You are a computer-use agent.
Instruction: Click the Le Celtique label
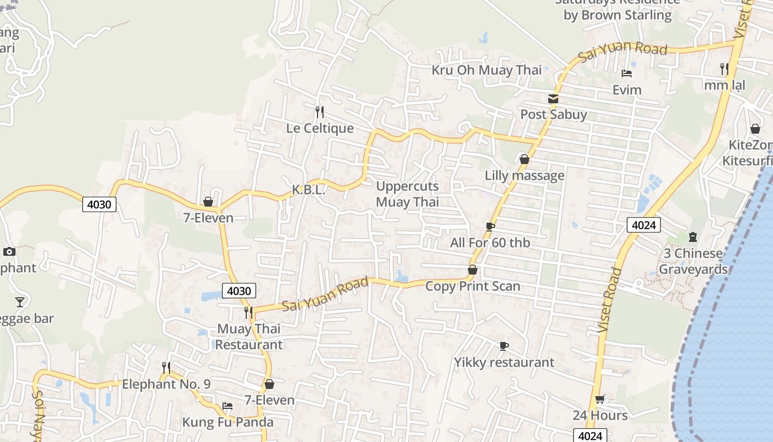pyautogui.click(x=320, y=128)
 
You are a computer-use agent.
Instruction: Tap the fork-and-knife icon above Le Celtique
pyautogui.click(x=320, y=112)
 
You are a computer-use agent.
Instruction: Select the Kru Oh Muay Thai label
pyautogui.click(x=486, y=70)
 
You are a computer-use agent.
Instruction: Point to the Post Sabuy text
pyautogui.click(x=554, y=115)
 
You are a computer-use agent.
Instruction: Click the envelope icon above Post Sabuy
pyautogui.click(x=553, y=99)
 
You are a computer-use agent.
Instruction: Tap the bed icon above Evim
pyautogui.click(x=627, y=73)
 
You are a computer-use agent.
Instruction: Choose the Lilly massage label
pyautogui.click(x=525, y=176)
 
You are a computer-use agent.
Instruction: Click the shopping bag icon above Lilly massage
pyautogui.click(x=525, y=160)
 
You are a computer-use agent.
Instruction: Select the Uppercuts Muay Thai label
pyautogui.click(x=407, y=194)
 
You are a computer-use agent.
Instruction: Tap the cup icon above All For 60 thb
pyautogui.click(x=490, y=227)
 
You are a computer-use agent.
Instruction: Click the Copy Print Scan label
pyautogui.click(x=473, y=286)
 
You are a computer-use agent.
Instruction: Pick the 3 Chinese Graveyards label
pyautogui.click(x=693, y=261)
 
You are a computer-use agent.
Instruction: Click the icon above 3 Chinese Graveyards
pyautogui.click(x=693, y=238)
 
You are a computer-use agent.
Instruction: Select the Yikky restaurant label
pyautogui.click(x=504, y=362)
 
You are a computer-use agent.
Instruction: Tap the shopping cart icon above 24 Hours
pyautogui.click(x=600, y=399)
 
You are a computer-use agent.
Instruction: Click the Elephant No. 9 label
pyautogui.click(x=166, y=384)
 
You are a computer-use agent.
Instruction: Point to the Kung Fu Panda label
pyautogui.click(x=228, y=423)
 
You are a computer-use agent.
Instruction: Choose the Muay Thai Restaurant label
pyautogui.click(x=249, y=336)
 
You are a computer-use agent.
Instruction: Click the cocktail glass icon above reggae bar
pyautogui.click(x=20, y=302)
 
